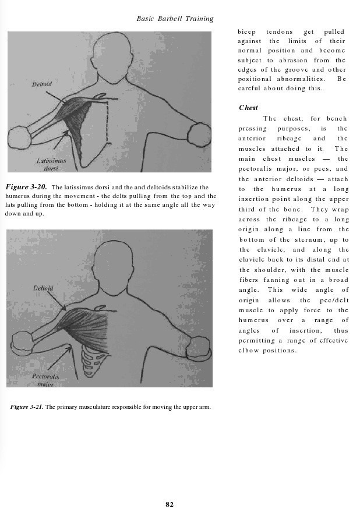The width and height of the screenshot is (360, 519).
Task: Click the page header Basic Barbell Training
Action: [175, 19]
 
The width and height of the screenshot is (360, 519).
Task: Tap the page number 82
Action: [170, 504]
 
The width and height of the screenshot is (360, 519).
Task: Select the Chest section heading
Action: [248, 108]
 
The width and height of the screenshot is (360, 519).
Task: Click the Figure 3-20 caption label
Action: [26, 188]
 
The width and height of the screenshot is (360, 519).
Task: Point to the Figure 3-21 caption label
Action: [26, 407]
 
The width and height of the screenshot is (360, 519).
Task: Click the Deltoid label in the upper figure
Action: [41, 84]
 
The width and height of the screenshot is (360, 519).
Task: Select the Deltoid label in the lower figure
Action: [43, 288]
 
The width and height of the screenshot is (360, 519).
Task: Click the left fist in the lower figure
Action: [23, 342]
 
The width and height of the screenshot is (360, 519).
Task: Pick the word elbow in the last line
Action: [249, 351]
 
